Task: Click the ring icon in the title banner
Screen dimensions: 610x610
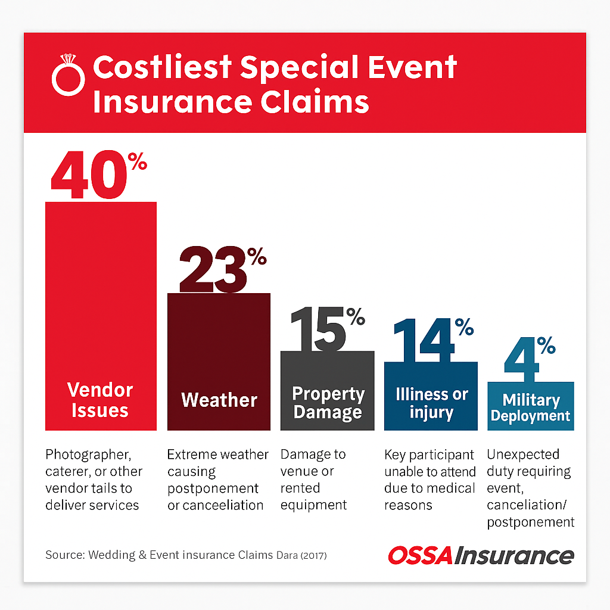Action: click(x=69, y=75)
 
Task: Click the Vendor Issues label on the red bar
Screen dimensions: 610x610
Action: click(x=100, y=400)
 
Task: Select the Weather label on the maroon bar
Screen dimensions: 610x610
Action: click(x=219, y=400)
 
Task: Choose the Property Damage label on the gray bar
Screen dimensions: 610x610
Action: click(x=328, y=403)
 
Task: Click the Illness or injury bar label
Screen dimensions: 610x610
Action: click(x=432, y=403)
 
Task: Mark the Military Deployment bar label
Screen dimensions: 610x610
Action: click(x=531, y=407)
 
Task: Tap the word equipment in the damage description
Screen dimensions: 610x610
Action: click(x=314, y=505)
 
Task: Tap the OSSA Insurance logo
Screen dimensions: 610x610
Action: click(x=481, y=555)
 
